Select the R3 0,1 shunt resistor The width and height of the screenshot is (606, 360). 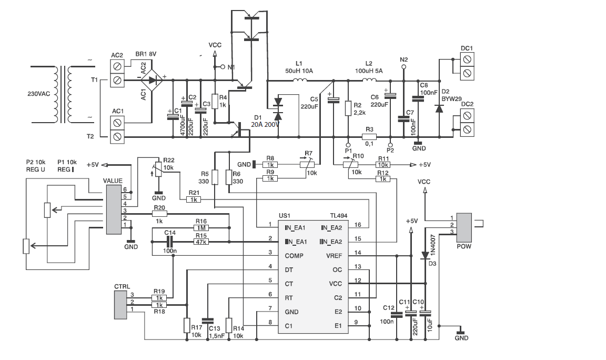pos(369,136)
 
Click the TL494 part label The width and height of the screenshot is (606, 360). pos(339,216)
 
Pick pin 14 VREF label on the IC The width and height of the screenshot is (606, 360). pos(334,256)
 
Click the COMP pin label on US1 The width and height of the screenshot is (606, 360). pos(294,256)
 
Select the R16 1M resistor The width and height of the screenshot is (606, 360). pos(201,228)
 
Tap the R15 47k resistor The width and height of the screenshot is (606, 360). pos(201,242)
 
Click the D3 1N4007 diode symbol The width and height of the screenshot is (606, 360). pos(425,255)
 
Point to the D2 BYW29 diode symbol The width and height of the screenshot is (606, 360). pos(439,108)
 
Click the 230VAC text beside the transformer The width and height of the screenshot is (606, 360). pos(38,94)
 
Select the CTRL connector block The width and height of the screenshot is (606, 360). pos(120,305)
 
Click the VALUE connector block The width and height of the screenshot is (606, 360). pos(114,209)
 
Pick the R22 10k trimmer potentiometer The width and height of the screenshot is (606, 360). pos(158,169)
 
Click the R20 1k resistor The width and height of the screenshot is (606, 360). pos(159,214)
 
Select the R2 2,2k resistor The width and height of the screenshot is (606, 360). pos(348,108)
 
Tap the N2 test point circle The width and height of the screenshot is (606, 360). pos(403,67)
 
